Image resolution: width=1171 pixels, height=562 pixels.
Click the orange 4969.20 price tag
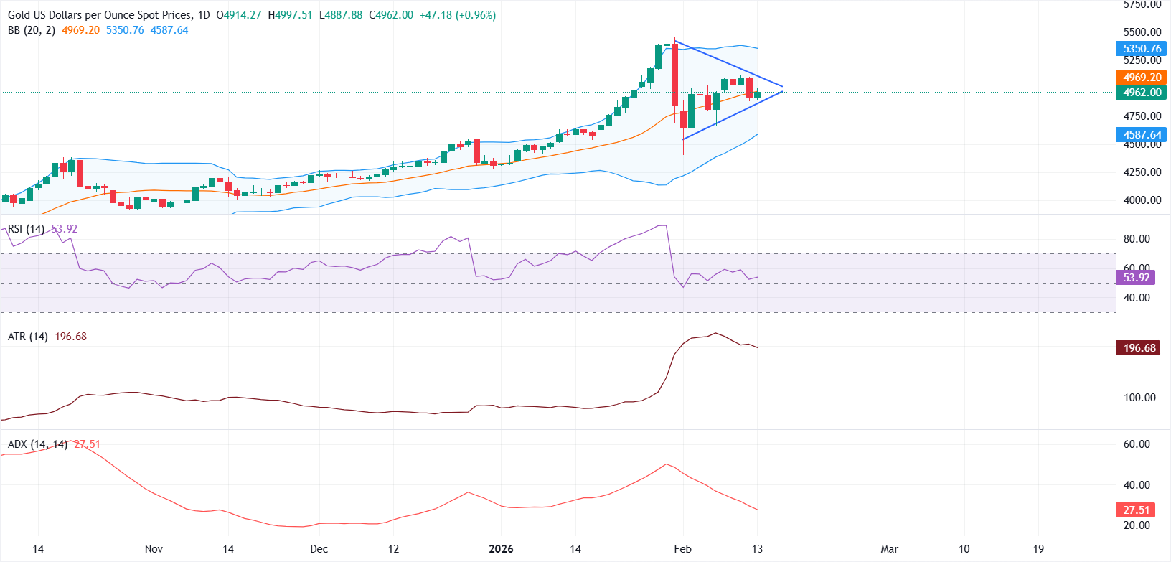pos(1142,78)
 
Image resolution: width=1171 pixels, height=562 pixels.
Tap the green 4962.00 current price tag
pos(1142,93)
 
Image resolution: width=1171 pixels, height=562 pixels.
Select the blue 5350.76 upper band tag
pos(1142,49)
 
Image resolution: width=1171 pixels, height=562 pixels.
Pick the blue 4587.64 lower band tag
pos(1142,135)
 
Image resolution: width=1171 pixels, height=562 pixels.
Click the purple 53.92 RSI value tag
pos(1136,278)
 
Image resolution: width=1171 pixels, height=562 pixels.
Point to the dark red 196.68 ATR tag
pos(1139,348)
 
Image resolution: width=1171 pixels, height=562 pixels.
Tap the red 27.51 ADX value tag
pos(1136,510)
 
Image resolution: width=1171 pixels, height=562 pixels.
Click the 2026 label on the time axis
pos(501,549)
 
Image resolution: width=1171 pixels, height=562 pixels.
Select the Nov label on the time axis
pos(154,549)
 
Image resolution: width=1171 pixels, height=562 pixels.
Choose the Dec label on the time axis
pos(319,549)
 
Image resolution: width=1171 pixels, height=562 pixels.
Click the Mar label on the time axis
pos(889,549)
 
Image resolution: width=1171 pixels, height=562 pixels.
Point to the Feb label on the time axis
pos(682,549)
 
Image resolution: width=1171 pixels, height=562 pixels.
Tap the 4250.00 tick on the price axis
pos(1142,172)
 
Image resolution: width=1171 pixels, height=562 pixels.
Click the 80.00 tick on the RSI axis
pos(1137,239)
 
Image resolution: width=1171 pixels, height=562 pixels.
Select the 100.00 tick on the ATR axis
pos(1139,398)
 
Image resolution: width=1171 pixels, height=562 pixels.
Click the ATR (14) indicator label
pos(28,337)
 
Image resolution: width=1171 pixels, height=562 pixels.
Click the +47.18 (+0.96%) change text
pos(456,15)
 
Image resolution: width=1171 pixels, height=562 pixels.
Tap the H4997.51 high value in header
pos(290,15)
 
